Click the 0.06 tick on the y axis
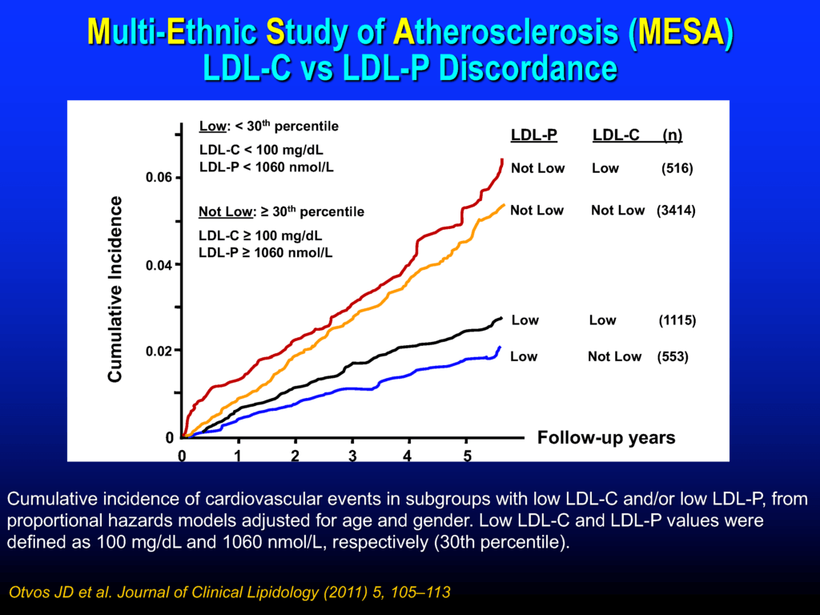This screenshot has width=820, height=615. (159, 177)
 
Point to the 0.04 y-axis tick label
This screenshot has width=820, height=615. (159, 265)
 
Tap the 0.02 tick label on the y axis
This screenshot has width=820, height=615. (159, 351)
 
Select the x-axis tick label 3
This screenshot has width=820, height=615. (352, 456)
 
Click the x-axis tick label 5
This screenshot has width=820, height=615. (468, 456)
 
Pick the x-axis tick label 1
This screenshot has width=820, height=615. (238, 456)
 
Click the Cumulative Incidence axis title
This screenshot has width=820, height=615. (116, 288)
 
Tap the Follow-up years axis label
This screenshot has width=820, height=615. (605, 438)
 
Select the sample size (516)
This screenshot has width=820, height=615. (677, 169)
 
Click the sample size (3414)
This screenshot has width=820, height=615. (676, 211)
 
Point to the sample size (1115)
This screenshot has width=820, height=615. (677, 320)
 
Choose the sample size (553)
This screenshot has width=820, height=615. (672, 356)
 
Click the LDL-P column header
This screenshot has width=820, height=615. (534, 135)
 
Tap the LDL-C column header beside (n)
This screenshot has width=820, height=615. (616, 135)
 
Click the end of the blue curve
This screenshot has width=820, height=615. (500, 348)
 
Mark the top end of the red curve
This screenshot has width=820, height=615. (502, 160)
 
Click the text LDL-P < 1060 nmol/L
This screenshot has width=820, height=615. (267, 167)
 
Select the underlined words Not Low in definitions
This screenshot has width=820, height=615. (223, 212)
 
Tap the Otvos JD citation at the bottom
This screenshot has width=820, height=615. (229, 593)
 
